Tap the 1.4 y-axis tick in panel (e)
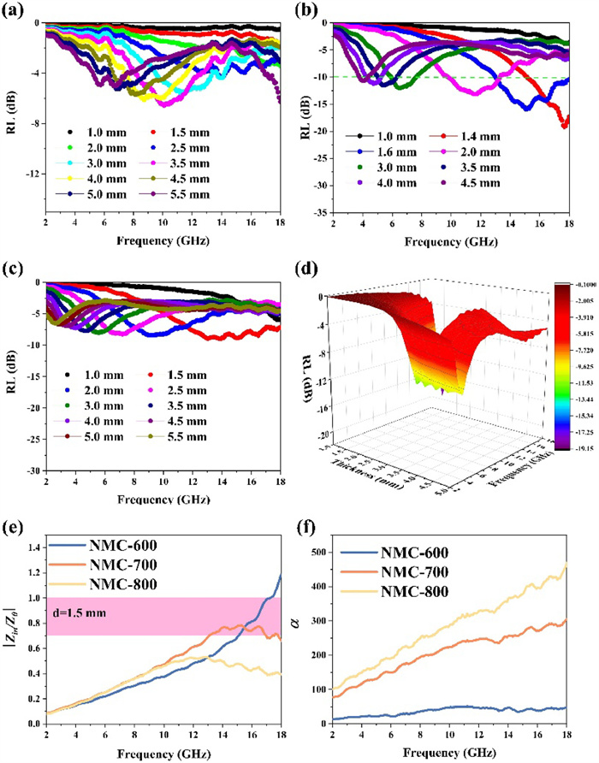pos(27,546)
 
